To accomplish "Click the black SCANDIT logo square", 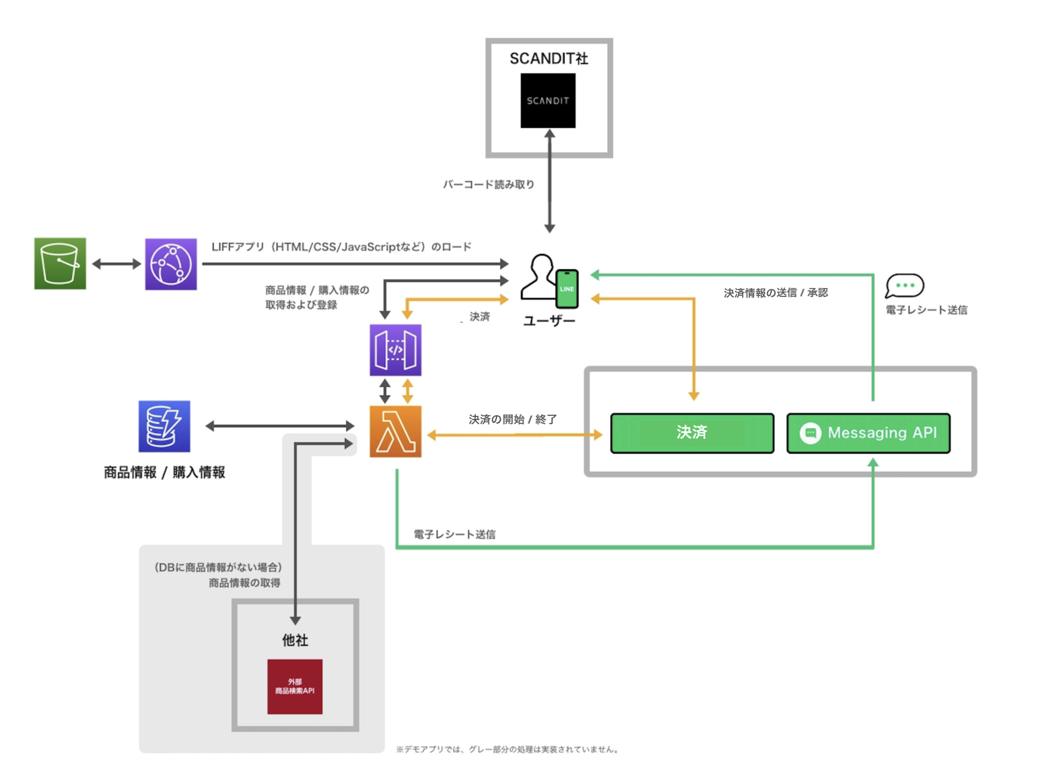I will tap(547, 101).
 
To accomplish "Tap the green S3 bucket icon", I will tap(60, 263).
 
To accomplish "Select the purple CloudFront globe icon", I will tap(170, 264).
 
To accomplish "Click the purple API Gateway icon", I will tap(395, 350).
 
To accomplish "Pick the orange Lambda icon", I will tap(395, 431).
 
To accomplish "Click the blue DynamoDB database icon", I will tap(164, 426).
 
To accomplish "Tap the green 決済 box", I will tap(692, 433).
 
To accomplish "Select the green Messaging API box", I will tap(868, 433).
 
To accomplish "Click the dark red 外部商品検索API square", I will tap(295, 686).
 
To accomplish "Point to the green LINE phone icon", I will tap(567, 289).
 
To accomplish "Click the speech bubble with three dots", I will tap(904, 285).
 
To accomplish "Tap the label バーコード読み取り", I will tap(488, 185).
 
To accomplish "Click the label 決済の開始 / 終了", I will tap(513, 419).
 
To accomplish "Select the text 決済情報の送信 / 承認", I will tap(775, 293).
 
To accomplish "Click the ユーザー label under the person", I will tap(549, 321).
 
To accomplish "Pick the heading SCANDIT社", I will tap(549, 59).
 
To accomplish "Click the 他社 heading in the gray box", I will tap(295, 640).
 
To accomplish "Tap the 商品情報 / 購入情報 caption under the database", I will tap(165, 472).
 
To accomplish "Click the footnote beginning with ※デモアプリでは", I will tap(508, 749).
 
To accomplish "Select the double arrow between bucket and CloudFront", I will tap(116, 264).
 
